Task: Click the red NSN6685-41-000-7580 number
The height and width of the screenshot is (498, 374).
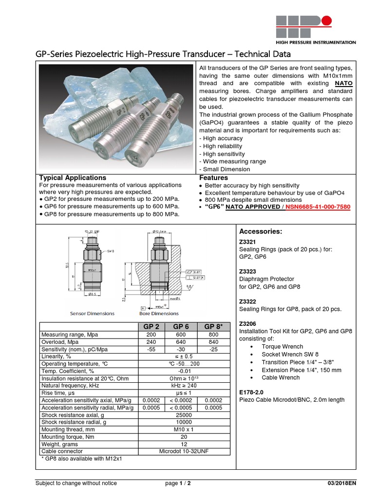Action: (x=318, y=207)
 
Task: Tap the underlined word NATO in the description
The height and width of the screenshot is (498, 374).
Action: (x=344, y=84)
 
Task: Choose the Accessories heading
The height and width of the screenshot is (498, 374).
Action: (x=261, y=231)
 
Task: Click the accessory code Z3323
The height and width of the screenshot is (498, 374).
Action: (x=248, y=271)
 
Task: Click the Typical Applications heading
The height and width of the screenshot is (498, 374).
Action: (x=72, y=178)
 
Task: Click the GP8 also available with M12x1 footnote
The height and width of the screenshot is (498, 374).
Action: (x=82, y=459)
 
